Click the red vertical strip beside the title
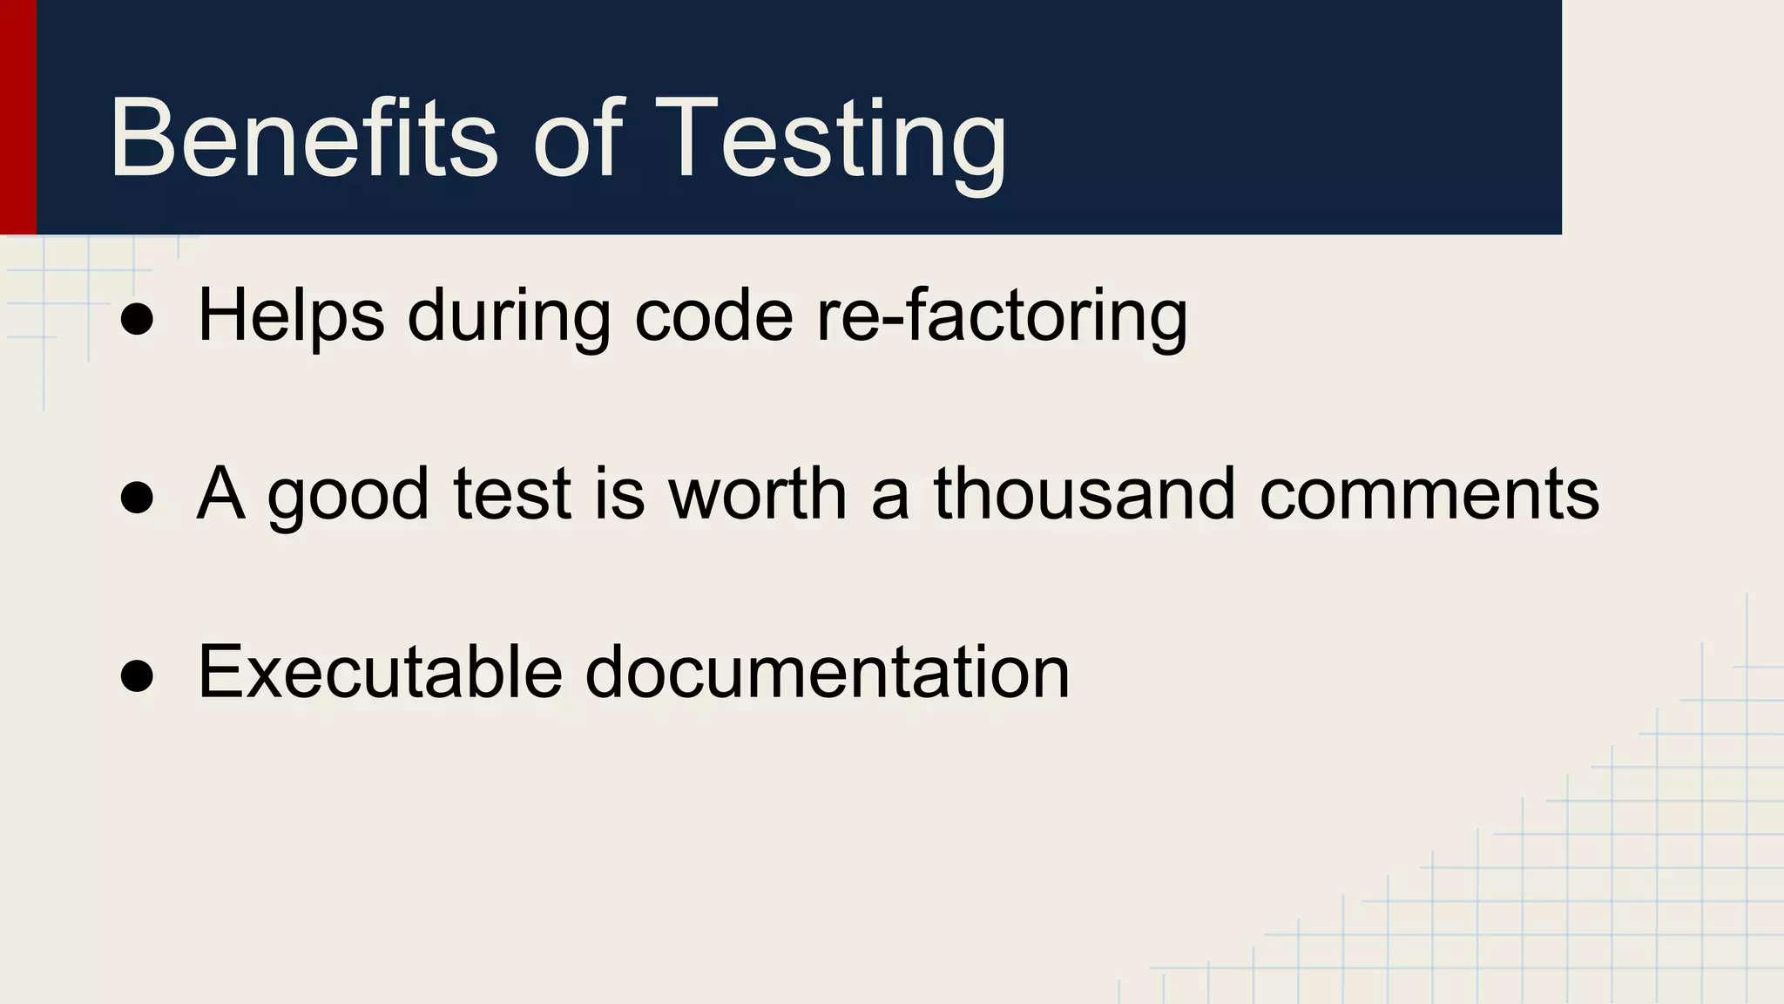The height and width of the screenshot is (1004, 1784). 17,117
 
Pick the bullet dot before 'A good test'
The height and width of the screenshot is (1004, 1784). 138,499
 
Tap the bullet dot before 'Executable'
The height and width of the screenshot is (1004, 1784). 138,676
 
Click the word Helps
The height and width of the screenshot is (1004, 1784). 291,315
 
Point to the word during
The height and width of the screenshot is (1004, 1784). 509,315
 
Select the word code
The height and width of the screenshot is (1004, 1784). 713,315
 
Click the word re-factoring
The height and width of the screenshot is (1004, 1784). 1002,315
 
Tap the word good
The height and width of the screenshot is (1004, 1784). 348,495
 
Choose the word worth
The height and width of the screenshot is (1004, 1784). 757,493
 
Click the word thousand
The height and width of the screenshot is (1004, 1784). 1085,493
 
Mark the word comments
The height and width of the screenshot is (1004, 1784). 1429,495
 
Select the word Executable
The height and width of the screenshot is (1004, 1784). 380,671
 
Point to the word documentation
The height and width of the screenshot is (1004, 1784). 827,671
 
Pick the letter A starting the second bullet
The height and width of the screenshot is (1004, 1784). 220,493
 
